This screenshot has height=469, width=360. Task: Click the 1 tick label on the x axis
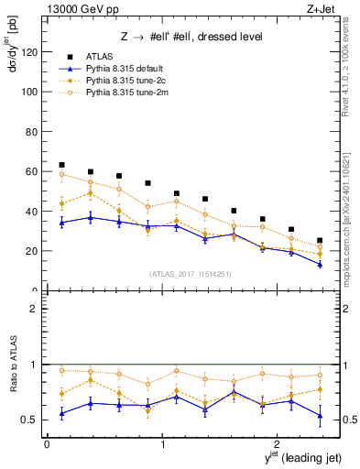click(163, 445)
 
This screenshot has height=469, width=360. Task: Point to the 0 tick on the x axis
click(47, 445)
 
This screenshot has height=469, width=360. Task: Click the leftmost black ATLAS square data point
click(61, 165)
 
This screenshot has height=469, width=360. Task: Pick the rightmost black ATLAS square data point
click(319, 241)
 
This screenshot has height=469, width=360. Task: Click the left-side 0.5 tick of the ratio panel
click(32, 420)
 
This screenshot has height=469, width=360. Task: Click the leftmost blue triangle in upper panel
click(61, 223)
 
